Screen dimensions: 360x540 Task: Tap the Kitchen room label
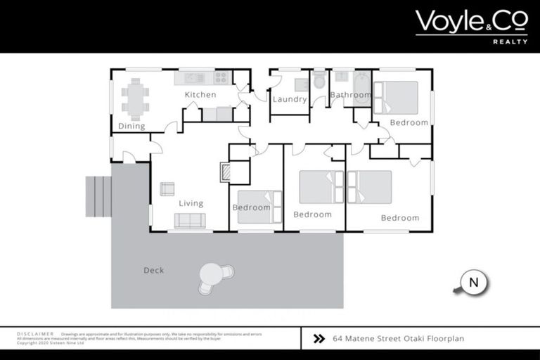tap(200, 95)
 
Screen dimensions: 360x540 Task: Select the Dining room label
tap(131, 127)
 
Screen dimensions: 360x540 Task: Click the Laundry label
tap(290, 99)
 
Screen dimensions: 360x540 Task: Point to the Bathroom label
tap(350, 95)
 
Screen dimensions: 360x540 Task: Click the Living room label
tap(191, 203)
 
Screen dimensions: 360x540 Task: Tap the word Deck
tap(153, 270)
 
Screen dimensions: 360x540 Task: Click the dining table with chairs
tap(135, 98)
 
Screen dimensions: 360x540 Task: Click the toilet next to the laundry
tap(319, 82)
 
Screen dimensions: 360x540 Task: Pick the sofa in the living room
tap(190, 221)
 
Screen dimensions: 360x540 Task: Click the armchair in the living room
tap(167, 188)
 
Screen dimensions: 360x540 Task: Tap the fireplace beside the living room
tap(225, 173)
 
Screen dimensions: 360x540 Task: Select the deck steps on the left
tap(98, 196)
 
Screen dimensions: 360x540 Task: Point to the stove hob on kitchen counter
tap(222, 77)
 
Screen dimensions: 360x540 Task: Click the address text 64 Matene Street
tap(398, 338)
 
